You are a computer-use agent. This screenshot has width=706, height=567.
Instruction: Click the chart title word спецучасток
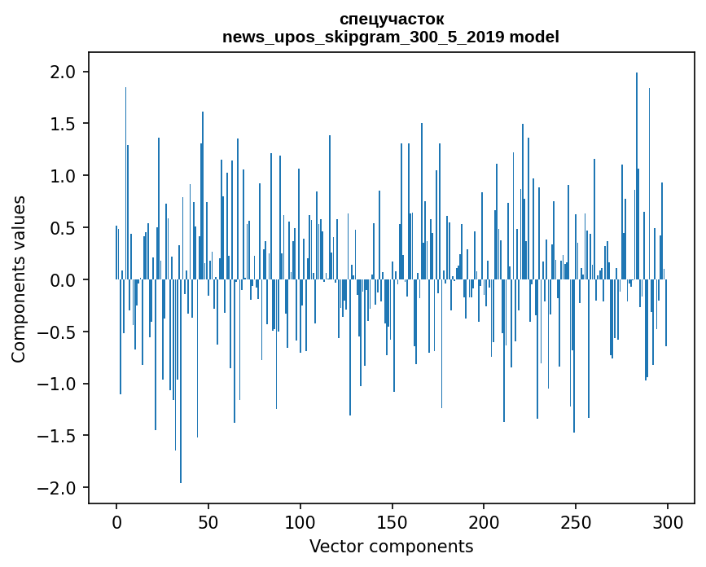pos(391,19)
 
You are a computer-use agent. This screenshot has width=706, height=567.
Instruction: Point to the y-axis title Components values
pos(19,279)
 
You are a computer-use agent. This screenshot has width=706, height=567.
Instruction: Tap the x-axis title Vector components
pos(391,546)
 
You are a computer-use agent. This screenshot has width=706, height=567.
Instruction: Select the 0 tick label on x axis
pos(116,521)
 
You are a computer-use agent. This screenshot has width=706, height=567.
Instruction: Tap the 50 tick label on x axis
pos(208,521)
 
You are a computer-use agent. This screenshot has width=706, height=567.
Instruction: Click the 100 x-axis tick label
pos(300,521)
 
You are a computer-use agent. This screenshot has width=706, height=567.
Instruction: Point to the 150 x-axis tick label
pos(392,521)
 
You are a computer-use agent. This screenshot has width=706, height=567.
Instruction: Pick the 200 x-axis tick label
pos(484,521)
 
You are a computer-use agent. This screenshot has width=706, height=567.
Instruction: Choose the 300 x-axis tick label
pos(668,521)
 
